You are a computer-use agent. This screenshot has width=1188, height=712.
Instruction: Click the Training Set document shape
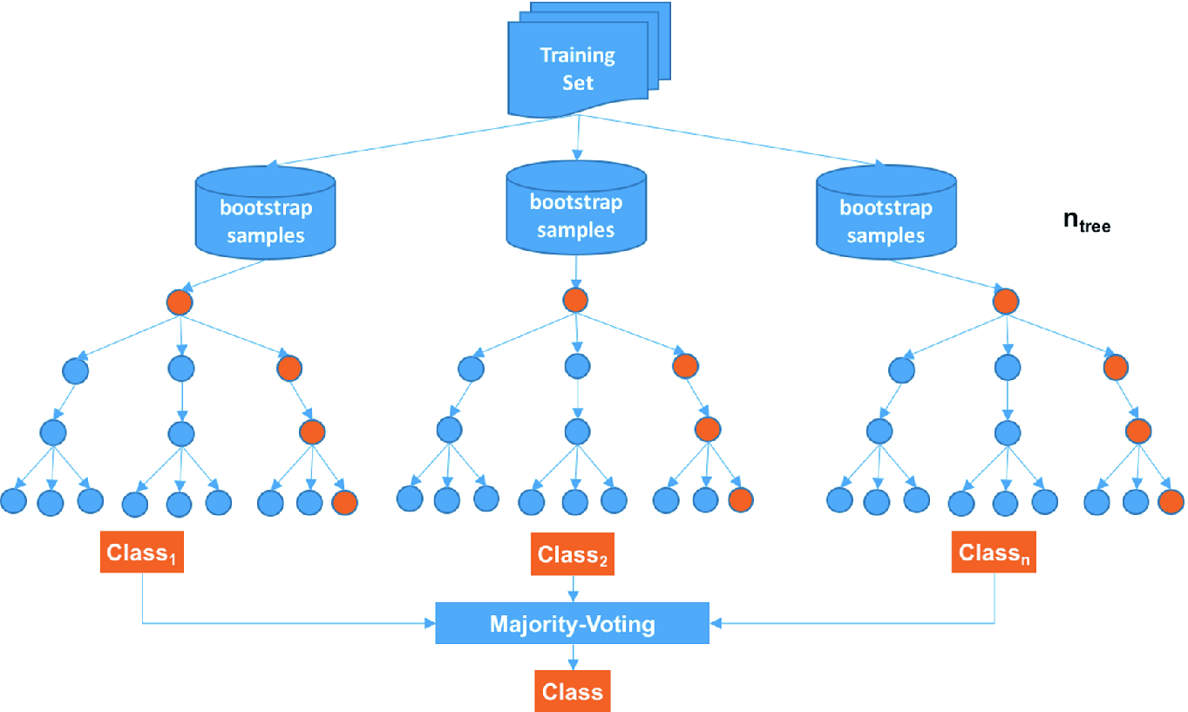pos(578,70)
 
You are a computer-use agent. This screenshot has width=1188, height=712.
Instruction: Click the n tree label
pos(1086,221)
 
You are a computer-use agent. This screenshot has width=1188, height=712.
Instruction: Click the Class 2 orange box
pos(573,553)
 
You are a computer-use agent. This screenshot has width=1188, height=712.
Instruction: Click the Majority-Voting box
pos(572,624)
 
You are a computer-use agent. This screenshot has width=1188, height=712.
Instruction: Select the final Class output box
pos(572,691)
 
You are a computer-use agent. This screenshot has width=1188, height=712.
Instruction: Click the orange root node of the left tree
pos(180,302)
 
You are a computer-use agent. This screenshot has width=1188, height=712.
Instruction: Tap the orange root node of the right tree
pos(1005,302)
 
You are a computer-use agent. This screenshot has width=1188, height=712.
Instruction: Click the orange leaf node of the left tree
pos(344,501)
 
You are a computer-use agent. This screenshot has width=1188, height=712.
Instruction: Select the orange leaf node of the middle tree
pos(740,499)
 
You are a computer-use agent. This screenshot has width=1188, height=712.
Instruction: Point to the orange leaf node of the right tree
pos(1170,501)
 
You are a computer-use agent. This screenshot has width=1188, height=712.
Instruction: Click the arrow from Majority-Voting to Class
pos(572,657)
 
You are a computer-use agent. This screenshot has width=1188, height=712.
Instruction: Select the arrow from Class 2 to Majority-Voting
pos(573,589)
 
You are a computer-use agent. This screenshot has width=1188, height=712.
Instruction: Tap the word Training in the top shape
pos(577,56)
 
